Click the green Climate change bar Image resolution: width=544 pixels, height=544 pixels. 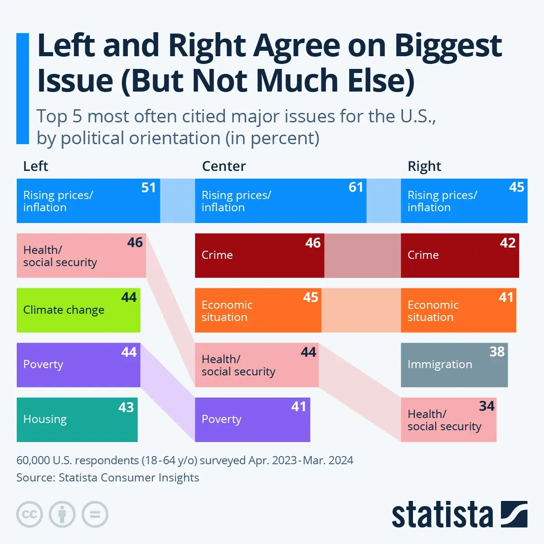coord(78,311)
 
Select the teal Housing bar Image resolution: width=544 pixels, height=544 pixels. coord(77,420)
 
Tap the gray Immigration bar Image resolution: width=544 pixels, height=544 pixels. coord(454,365)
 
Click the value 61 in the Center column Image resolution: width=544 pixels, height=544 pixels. coord(356,187)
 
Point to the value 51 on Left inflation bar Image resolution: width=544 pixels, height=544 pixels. coord(149,187)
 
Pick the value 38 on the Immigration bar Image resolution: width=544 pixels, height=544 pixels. coord(497,351)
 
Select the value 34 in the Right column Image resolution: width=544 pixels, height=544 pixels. coord(486,406)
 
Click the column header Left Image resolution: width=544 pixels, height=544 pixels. coord(35,166)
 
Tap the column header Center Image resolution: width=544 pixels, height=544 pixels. coord(223,166)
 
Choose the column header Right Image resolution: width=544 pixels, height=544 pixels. coord(424,166)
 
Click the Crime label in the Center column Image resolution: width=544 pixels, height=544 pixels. coord(217,255)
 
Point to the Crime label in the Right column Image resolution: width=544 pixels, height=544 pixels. coord(423,255)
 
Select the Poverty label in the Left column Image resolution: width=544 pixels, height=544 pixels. coord(43,364)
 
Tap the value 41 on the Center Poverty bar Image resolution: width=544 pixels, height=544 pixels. coord(299,407)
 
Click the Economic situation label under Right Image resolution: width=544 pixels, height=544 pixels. coord(432,311)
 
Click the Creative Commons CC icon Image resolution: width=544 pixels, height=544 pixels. coord(29,515)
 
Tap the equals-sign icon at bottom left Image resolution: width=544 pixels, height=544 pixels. coord(95,515)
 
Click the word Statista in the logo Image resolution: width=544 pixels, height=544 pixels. coord(442,515)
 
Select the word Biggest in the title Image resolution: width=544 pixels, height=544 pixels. coord(448,46)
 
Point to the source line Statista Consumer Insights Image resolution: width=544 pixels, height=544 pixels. coord(129,477)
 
